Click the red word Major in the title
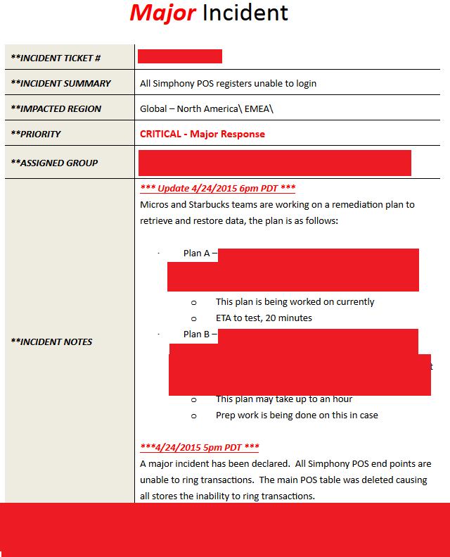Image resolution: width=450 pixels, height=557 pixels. (x=162, y=13)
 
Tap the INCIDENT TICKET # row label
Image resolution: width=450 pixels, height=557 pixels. (x=56, y=58)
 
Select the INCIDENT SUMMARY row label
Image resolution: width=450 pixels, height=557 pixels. (x=60, y=83)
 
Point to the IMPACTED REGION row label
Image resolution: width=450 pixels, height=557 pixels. (x=56, y=108)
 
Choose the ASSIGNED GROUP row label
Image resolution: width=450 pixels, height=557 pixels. (x=54, y=163)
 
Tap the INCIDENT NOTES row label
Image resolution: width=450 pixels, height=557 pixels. (x=51, y=342)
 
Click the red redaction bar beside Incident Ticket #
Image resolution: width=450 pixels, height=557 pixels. (x=180, y=56)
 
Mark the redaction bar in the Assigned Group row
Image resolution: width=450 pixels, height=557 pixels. (x=275, y=163)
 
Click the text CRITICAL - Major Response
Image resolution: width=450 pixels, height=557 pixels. (x=202, y=134)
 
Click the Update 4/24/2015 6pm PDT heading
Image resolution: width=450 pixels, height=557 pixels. (x=218, y=188)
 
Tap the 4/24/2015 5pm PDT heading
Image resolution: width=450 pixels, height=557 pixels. (x=200, y=447)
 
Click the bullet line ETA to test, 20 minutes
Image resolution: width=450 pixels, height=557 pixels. (x=264, y=318)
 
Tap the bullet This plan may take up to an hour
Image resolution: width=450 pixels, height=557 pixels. (x=283, y=399)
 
